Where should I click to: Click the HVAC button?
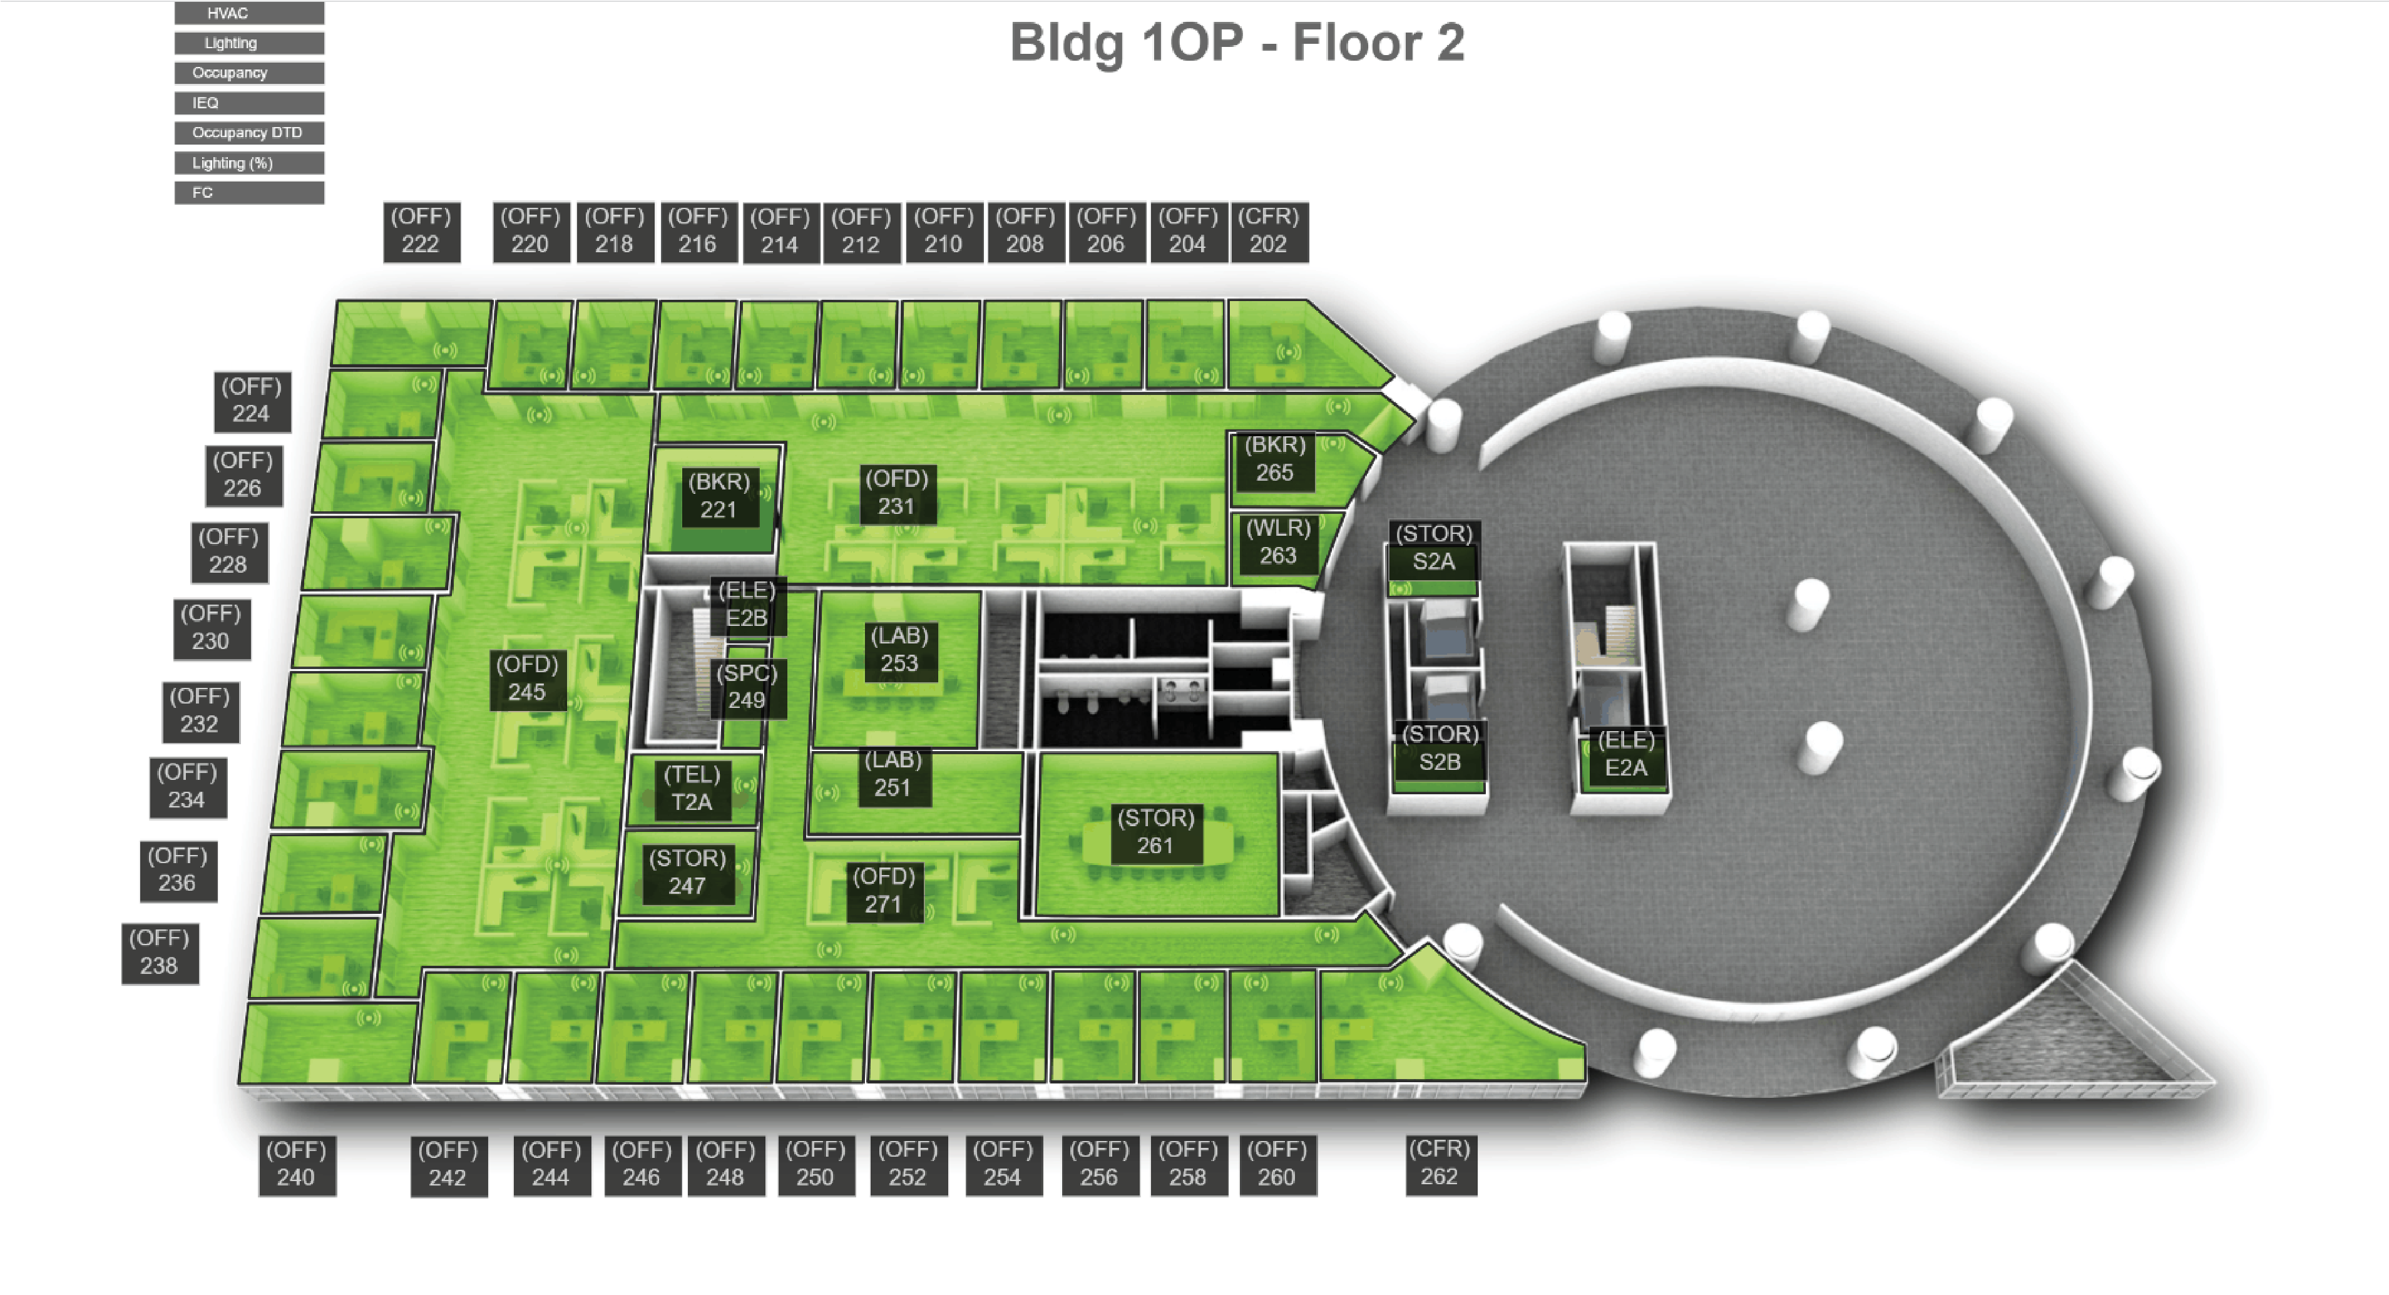click(x=248, y=13)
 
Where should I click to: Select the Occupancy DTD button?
click(x=248, y=133)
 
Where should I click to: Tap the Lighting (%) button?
click(x=248, y=162)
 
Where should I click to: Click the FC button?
click(x=248, y=192)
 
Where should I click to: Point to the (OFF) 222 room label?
click(x=421, y=231)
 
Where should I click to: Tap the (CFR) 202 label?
click(x=1269, y=231)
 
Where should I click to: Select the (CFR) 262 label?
click(x=1440, y=1164)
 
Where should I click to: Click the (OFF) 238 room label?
click(x=160, y=953)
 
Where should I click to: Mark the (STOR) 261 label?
click(x=1155, y=832)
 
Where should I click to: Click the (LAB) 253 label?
click(x=899, y=650)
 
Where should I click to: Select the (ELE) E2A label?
click(x=1626, y=755)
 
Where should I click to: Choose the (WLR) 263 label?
click(x=1278, y=543)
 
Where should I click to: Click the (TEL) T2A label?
click(x=692, y=789)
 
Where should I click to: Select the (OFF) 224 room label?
click(x=252, y=401)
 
